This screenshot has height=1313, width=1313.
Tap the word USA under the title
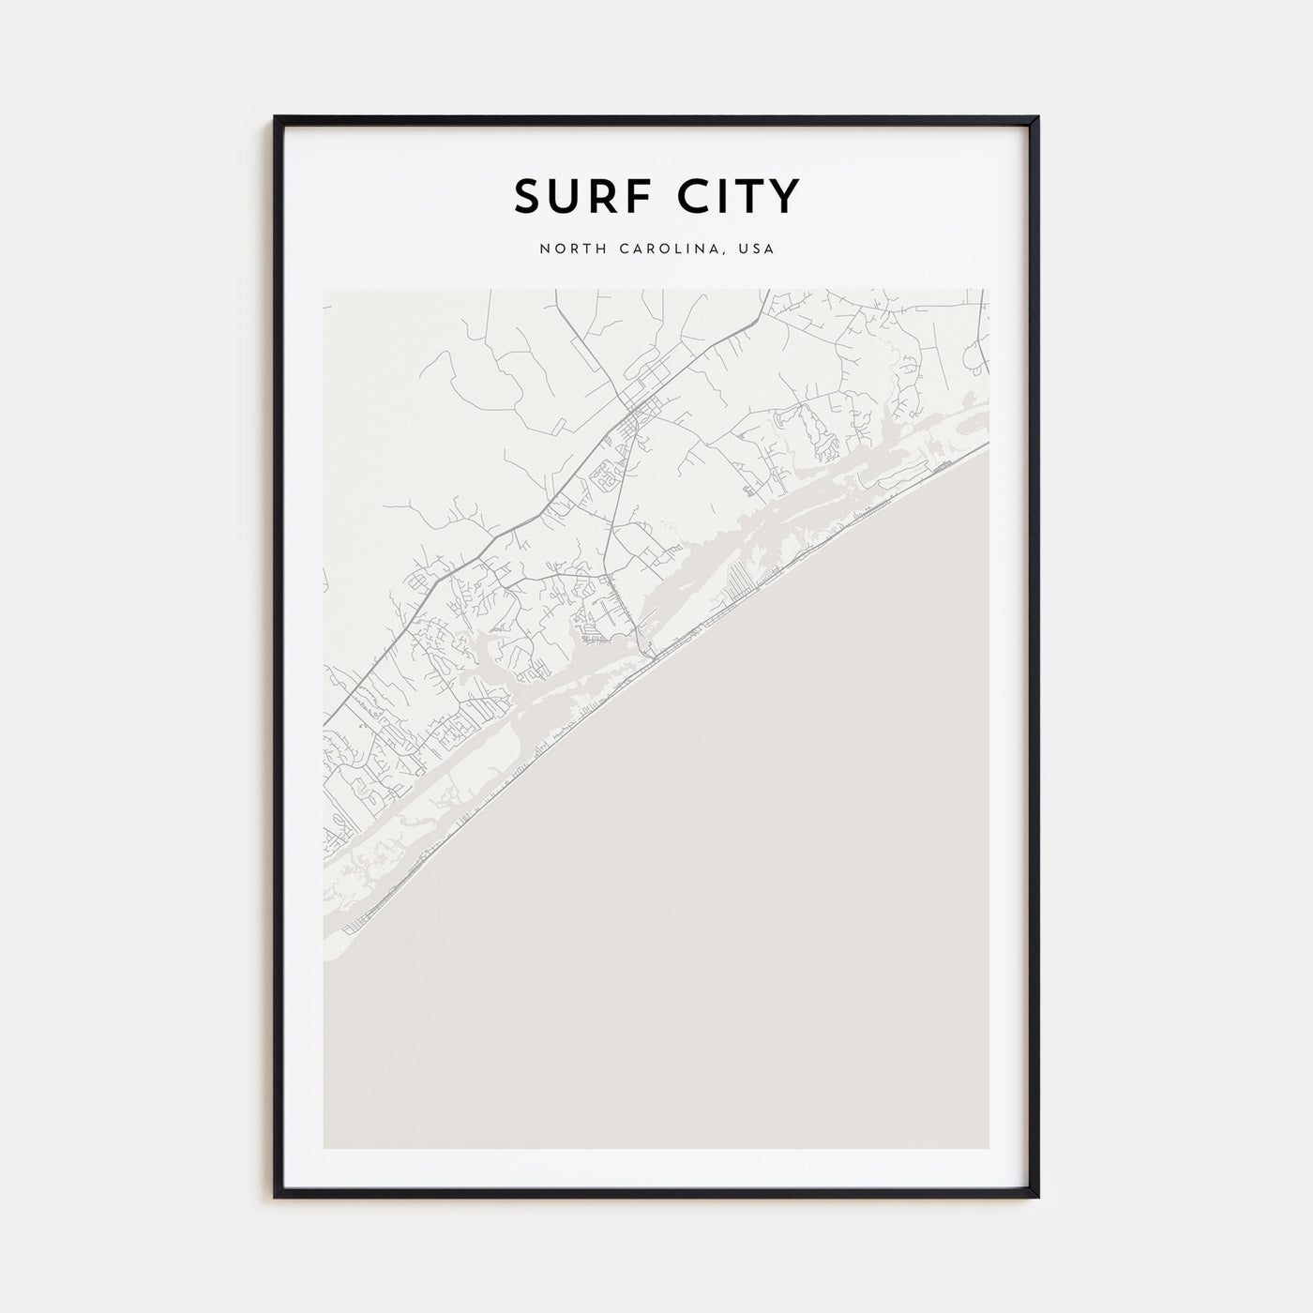coord(758,249)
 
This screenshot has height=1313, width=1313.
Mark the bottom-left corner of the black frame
coord(276,1198)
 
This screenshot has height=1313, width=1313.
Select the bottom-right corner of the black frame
coord(1037,1198)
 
